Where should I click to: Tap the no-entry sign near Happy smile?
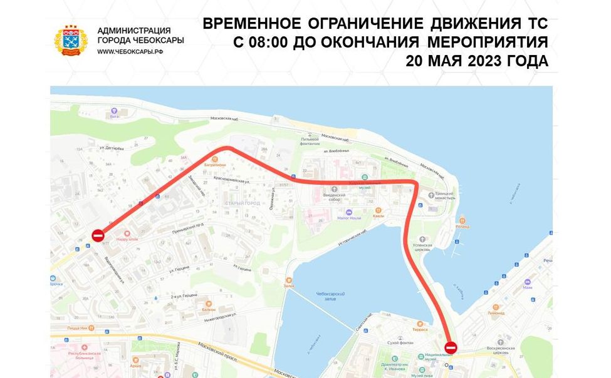click(x=98, y=235)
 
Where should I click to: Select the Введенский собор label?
click(x=335, y=198)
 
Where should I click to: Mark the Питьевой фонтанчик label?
click(x=315, y=142)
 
